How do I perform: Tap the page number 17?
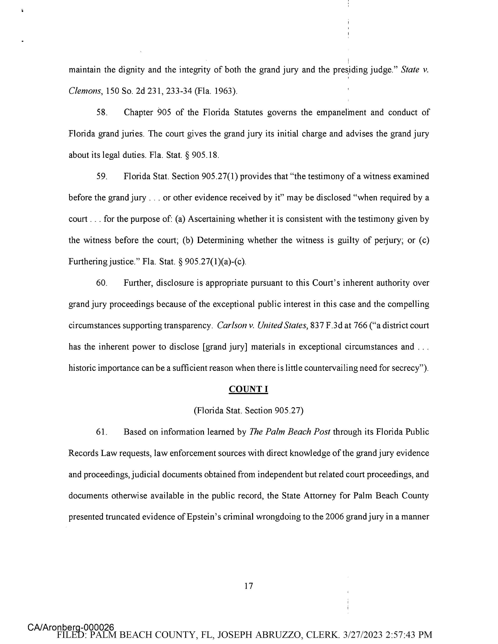tap(249, 586)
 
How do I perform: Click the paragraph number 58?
tap(102, 112)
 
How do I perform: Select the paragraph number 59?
tap(102, 176)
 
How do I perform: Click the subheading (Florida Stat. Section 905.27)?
tap(248, 411)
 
